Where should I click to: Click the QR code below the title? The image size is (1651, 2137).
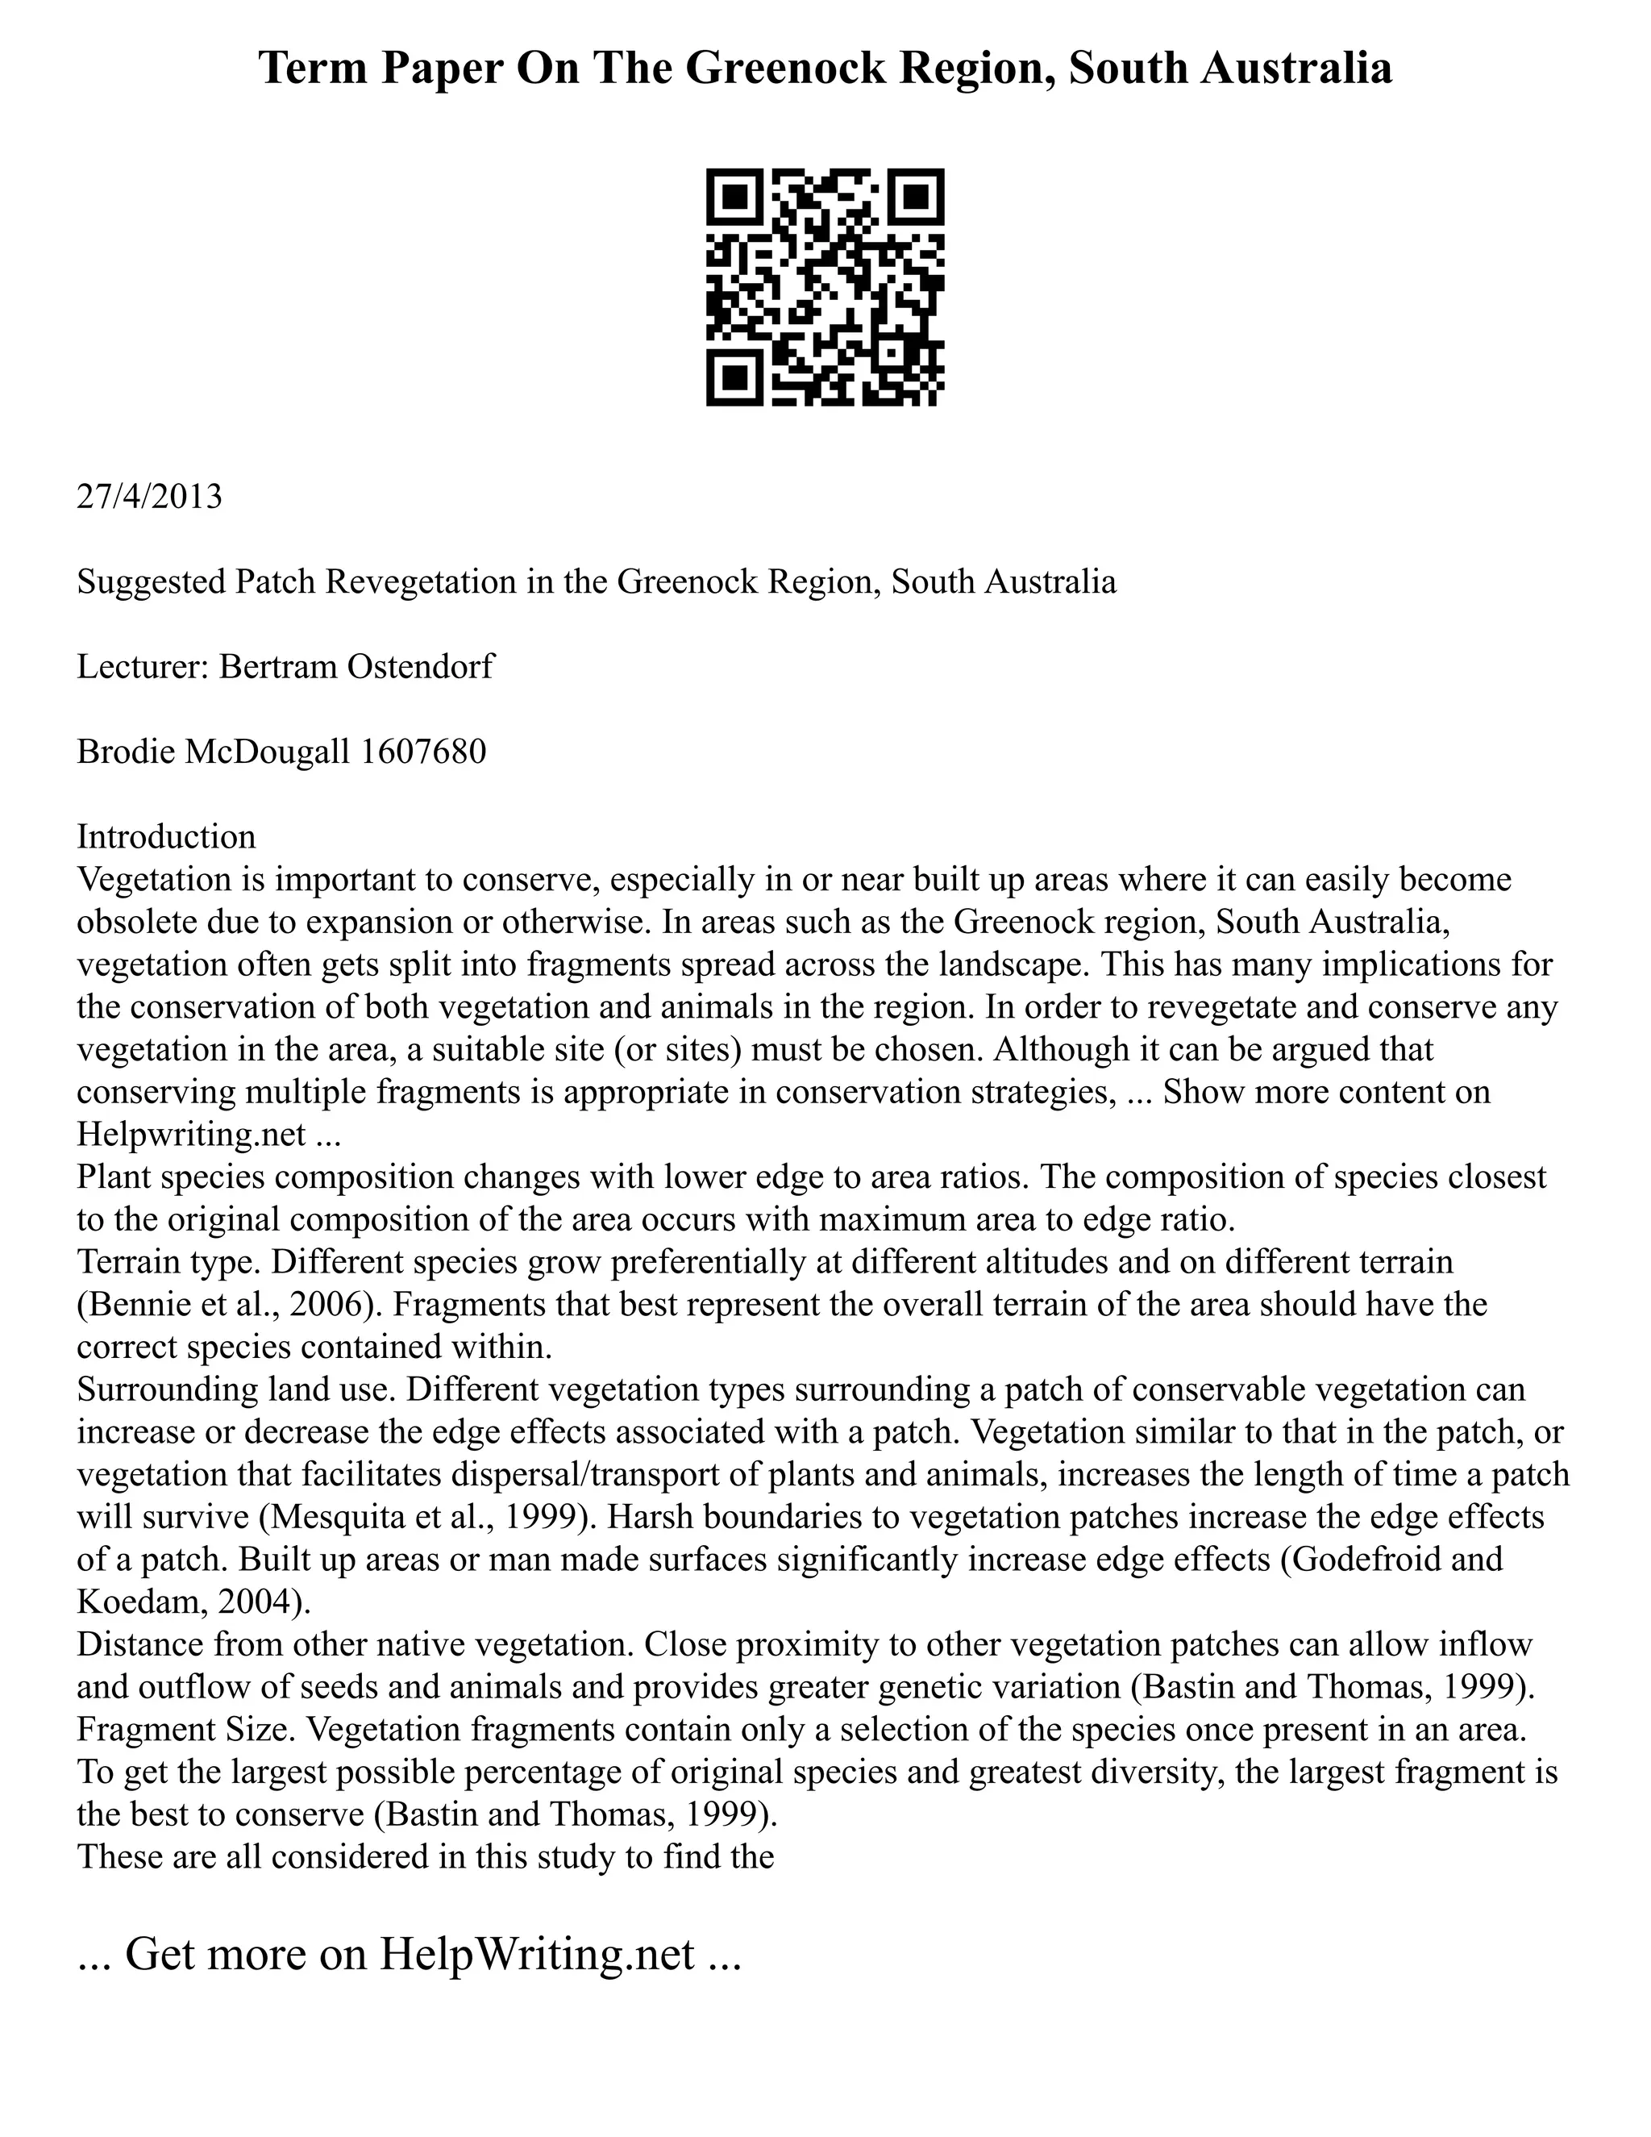tap(825, 287)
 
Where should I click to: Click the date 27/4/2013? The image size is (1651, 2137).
tap(150, 496)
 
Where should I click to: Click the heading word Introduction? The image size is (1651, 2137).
tap(166, 836)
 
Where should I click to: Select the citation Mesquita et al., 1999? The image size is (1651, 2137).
tap(426, 1517)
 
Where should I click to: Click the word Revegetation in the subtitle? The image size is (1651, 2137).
tap(419, 581)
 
